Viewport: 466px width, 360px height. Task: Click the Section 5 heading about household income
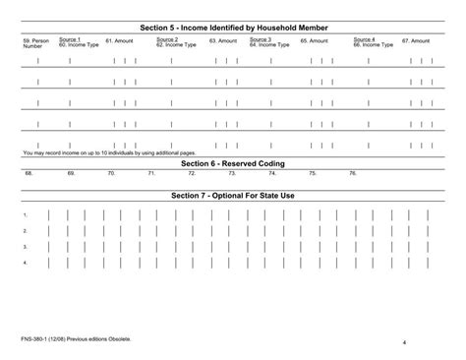[x=233, y=28]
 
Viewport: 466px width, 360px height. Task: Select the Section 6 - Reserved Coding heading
[x=233, y=163]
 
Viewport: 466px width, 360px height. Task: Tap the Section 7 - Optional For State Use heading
[x=233, y=195]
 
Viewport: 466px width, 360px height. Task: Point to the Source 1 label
[x=70, y=38]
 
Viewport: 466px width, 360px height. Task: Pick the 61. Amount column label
[x=119, y=41]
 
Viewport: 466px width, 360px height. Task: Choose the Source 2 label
[x=167, y=38]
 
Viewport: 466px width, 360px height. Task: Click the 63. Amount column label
[x=223, y=41]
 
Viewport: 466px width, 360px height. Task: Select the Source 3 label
[x=261, y=38]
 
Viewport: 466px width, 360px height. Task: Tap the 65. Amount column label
[x=314, y=41]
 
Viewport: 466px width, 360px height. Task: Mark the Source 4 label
[x=364, y=38]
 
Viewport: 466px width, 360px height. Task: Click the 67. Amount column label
[x=416, y=41]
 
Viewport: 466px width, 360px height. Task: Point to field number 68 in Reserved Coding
[x=29, y=173]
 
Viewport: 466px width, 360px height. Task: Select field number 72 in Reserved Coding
[x=192, y=173]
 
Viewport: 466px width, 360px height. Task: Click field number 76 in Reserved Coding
[x=353, y=173]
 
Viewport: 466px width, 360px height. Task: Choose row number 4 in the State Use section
[x=26, y=264]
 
